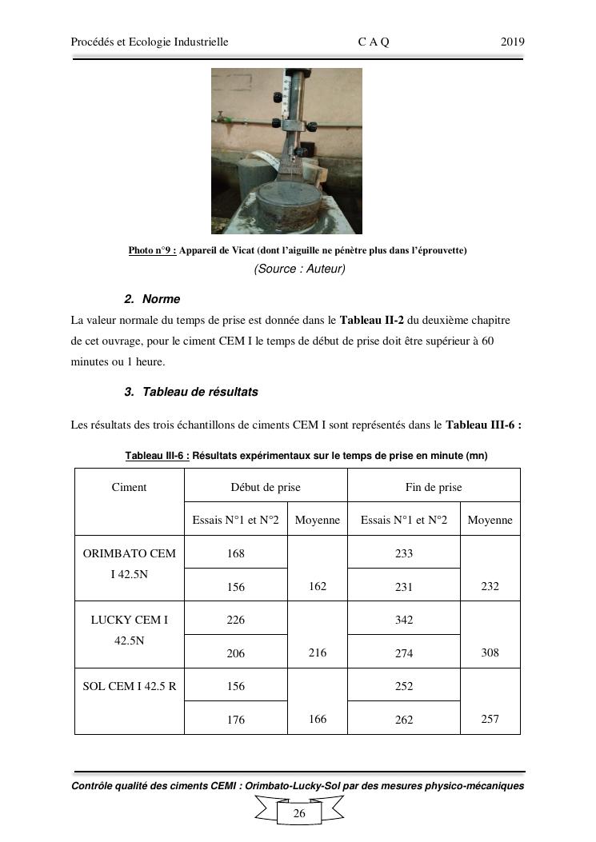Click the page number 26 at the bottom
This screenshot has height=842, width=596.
pos(299,813)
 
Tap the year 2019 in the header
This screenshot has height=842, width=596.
pos(513,42)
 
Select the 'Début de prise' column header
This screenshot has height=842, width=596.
pos(266,487)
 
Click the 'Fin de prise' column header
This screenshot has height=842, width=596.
pos(434,487)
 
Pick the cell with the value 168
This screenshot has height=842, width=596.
pos(235,553)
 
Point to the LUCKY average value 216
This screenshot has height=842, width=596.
pos(317,652)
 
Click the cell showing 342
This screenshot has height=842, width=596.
pos(404,620)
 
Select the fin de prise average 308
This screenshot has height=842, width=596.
pos(490,652)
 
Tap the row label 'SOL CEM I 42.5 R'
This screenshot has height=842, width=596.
pos(130,686)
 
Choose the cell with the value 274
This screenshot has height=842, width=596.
pos(404,653)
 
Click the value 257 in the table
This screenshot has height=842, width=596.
pos(490,719)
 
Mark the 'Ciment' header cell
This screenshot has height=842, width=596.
pos(130,487)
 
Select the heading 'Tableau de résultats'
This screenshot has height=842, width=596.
pos(200,392)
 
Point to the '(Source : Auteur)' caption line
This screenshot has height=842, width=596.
pos(299,269)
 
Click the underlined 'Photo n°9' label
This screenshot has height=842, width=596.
pos(152,250)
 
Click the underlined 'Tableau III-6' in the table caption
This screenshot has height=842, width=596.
pos(157,455)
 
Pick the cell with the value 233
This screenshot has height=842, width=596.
pos(404,553)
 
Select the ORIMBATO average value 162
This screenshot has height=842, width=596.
pos(317,586)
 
